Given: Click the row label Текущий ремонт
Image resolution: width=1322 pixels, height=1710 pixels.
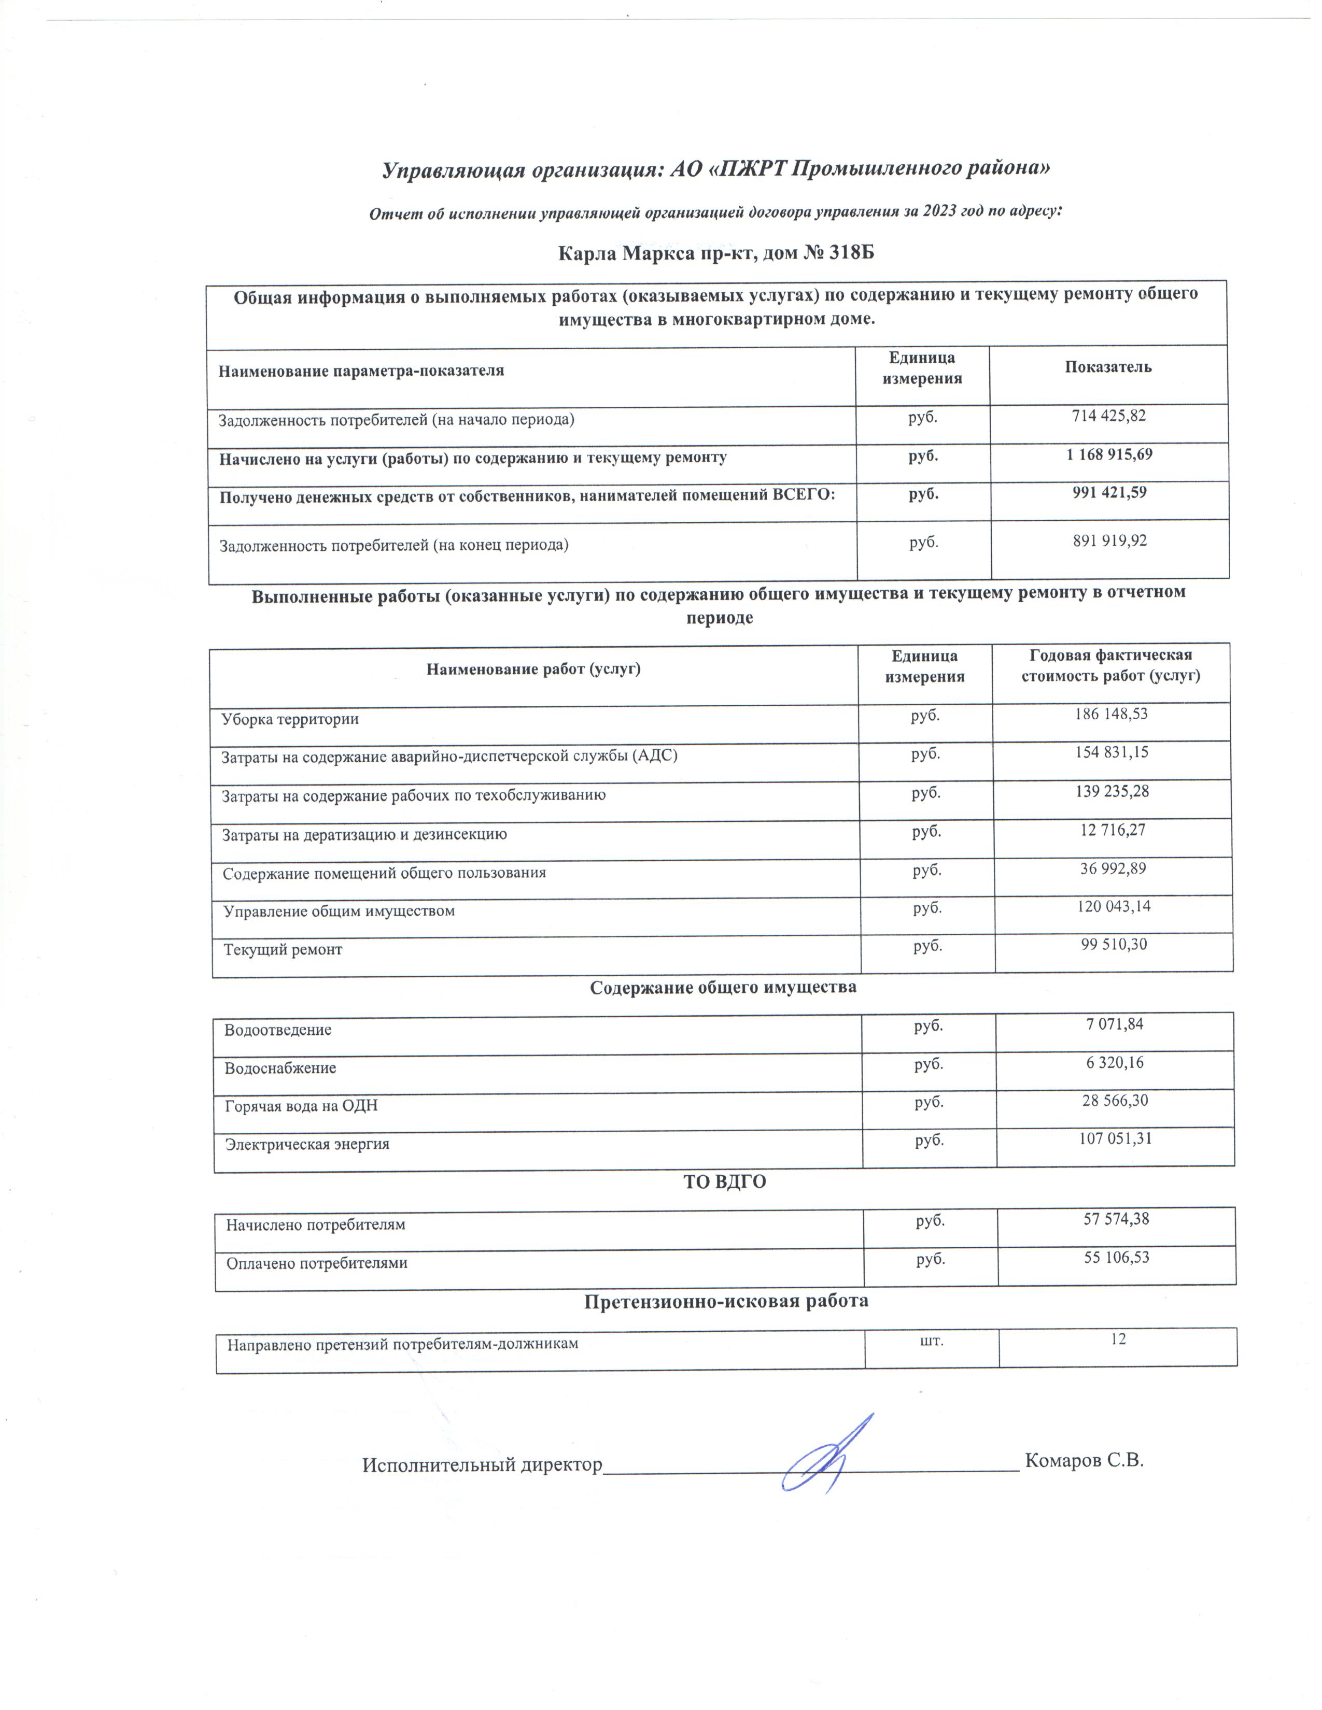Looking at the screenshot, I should click(x=283, y=950).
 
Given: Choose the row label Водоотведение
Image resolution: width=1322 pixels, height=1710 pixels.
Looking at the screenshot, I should click(x=278, y=1030).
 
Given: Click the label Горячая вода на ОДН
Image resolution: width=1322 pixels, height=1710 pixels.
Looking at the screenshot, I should click(x=302, y=1106).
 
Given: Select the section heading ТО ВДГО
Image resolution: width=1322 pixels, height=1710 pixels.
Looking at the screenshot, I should click(x=724, y=1182).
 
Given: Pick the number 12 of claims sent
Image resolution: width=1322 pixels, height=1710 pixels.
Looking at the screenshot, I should click(x=1118, y=1339).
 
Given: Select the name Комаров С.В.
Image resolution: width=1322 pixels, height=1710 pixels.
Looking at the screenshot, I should click(x=1084, y=1460).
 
